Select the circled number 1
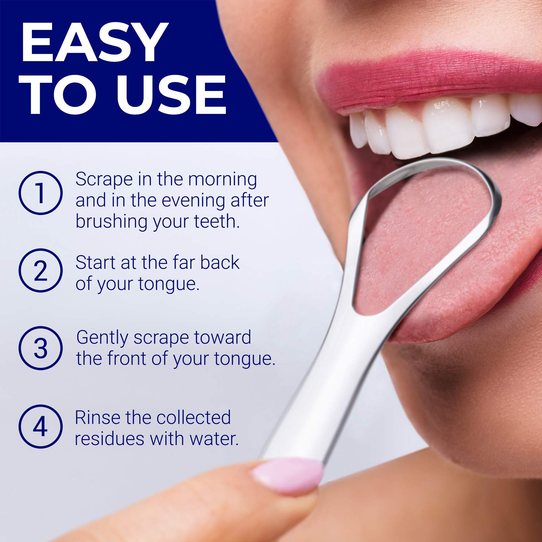(x=40, y=193)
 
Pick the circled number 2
(x=40, y=271)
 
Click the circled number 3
(x=40, y=348)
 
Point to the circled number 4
(x=40, y=426)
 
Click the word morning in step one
(x=223, y=180)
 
